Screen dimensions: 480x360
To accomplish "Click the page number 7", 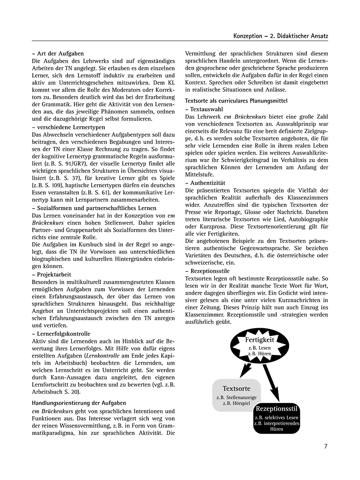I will tap(326, 446).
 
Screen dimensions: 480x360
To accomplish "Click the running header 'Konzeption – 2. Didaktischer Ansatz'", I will tap(281, 36).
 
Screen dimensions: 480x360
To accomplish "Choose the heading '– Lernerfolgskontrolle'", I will tap(61, 334).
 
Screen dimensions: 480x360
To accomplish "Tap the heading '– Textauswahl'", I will tap(204, 109).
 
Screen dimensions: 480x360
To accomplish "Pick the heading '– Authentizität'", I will tap(206, 183).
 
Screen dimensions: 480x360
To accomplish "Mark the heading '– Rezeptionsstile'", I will tap(207, 271).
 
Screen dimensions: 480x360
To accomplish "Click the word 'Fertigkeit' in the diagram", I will tap(260, 340).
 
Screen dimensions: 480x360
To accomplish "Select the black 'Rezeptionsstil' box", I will tap(276, 418).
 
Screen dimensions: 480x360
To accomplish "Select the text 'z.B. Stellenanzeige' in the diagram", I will tap(236, 397).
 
